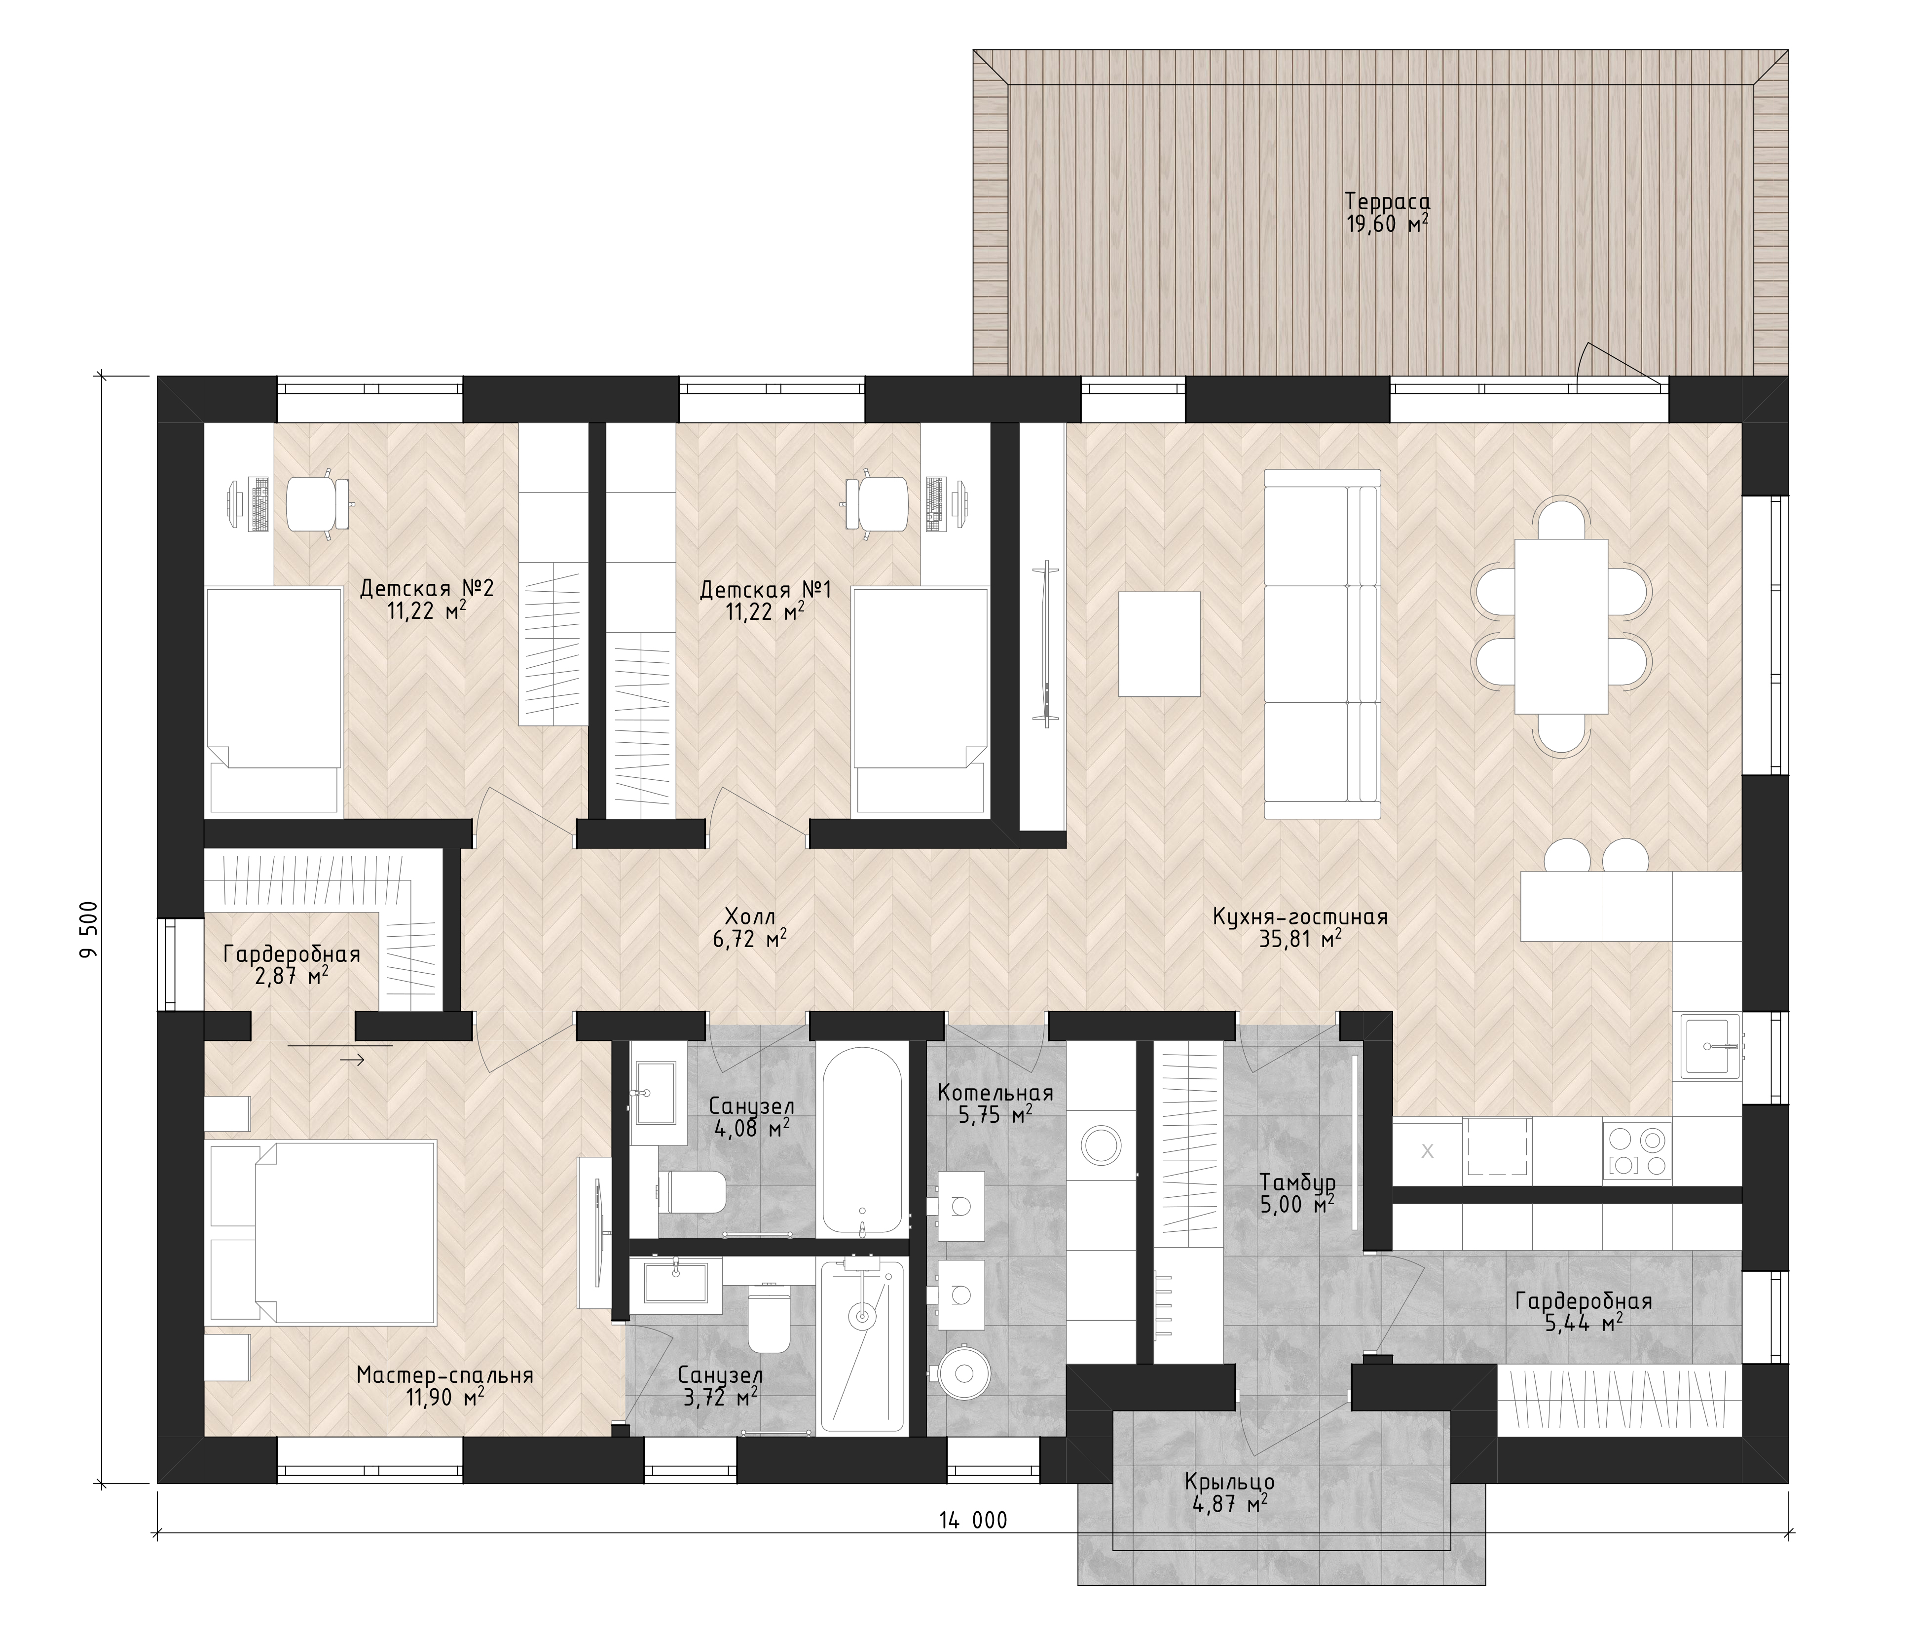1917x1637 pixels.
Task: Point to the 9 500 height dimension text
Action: pos(89,930)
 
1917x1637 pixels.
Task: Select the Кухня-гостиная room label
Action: pos(1300,917)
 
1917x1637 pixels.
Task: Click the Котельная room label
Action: pos(995,1093)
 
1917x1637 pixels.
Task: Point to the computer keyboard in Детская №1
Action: pos(934,505)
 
